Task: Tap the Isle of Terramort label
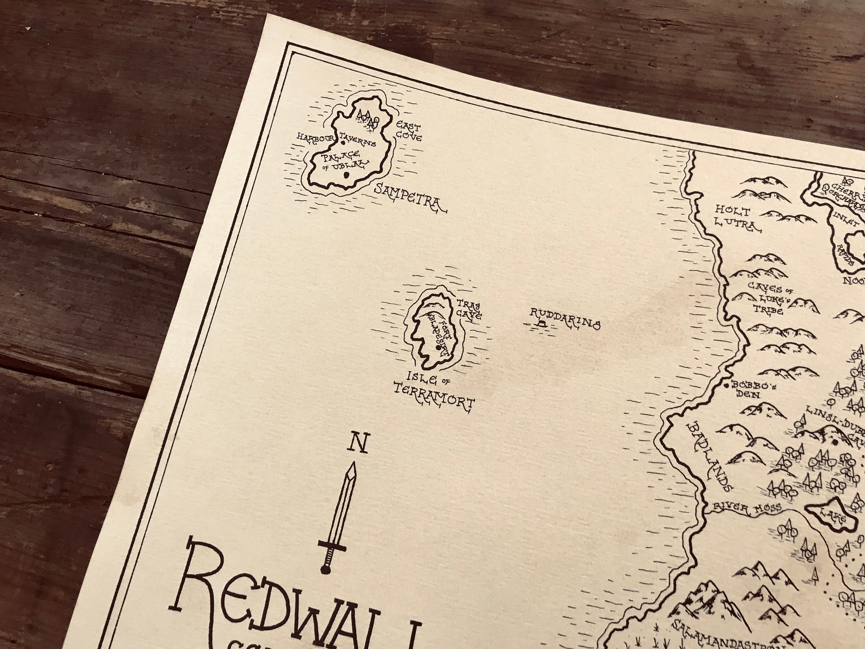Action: [434, 390]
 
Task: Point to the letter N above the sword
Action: [358, 442]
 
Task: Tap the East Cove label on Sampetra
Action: [409, 131]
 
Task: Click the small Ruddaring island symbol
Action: [541, 324]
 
